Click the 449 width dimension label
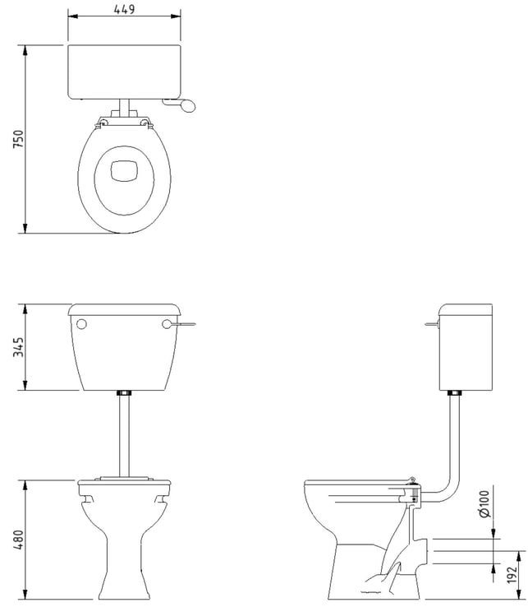[x=125, y=9]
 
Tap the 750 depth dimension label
[x=18, y=139]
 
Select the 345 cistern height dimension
[x=18, y=347]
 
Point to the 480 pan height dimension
[x=18, y=540]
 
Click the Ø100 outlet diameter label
[x=484, y=503]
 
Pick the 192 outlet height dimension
[x=512, y=574]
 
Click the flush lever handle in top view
[x=180, y=104]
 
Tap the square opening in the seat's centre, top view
[x=124, y=171]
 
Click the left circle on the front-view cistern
[x=82, y=324]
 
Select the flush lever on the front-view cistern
[x=181, y=323]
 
